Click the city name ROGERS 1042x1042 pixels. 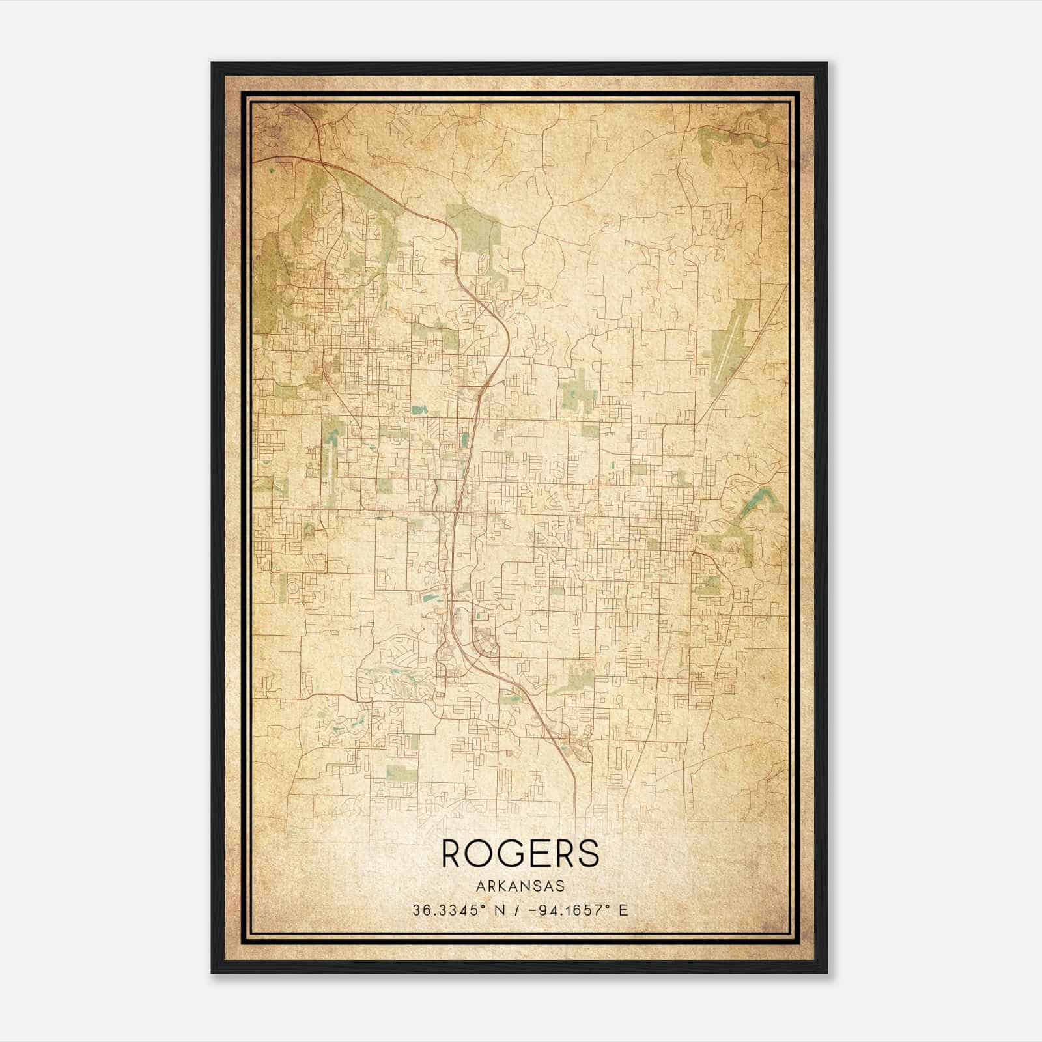click(x=520, y=853)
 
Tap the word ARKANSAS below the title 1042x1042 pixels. click(x=520, y=886)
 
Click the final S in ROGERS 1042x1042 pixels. click(x=588, y=853)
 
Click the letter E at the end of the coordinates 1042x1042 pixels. click(x=623, y=910)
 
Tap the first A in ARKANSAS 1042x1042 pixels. click(x=480, y=886)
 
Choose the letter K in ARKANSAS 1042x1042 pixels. click(x=502, y=886)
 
